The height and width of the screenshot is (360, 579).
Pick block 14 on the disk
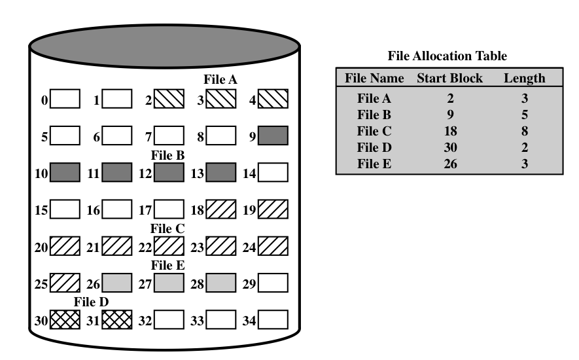273,173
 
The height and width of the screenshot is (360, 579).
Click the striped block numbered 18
220,210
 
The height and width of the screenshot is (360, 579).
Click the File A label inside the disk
220,79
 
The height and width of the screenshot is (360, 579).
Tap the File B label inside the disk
168,156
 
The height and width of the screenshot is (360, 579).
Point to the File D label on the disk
91,302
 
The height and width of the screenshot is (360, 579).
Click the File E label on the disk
168,265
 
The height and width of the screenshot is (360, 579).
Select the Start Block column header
449,79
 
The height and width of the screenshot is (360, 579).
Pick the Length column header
524,79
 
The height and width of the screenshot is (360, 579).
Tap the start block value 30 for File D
449,148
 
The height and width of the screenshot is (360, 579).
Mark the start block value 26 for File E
449,164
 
